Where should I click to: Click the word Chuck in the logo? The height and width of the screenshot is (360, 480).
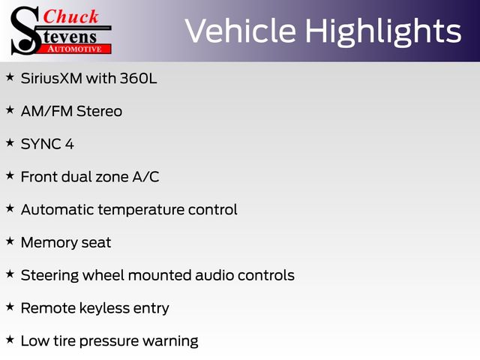[70, 16]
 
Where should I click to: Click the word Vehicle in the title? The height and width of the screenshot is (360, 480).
[240, 31]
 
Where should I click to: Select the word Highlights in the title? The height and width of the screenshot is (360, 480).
[383, 32]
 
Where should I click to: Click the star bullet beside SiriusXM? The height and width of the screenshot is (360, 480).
[10, 76]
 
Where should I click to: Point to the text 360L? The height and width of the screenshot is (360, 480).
[138, 78]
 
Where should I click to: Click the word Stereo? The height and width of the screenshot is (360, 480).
[99, 111]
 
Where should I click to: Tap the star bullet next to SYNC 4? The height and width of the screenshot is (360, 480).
[10, 142]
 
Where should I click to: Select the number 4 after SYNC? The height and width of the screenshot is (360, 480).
[70, 144]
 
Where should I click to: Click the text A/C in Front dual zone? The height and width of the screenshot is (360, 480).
[145, 177]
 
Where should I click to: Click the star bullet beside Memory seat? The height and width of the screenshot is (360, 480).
[10, 241]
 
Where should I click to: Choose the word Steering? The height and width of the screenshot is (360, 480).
[50, 275]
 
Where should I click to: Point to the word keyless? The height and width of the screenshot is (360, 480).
[104, 308]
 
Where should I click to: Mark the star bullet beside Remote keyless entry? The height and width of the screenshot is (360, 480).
[10, 307]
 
